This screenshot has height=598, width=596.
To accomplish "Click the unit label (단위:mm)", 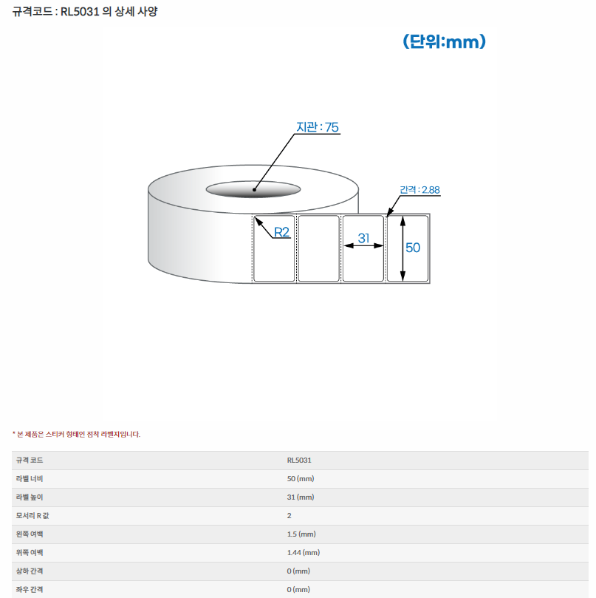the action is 444,41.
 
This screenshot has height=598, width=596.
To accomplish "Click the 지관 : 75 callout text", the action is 318,127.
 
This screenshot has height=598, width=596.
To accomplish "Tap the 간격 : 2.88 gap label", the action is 419,189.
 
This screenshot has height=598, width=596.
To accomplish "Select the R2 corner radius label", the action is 281,232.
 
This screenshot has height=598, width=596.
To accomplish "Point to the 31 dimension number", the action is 363,238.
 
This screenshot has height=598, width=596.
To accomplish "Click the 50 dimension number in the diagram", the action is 413,248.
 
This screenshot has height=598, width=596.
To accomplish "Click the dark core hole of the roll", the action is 253,189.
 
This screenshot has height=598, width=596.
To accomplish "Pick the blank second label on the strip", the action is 318,248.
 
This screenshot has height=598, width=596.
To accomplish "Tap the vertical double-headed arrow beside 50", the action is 403,248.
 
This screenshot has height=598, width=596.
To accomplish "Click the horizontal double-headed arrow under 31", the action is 363,245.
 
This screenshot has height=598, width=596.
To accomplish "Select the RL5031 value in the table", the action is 299,461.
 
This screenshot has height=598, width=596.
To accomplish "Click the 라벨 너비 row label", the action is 30,479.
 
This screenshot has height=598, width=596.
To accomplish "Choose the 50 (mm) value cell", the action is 301,479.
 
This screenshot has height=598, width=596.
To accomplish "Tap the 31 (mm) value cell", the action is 301,497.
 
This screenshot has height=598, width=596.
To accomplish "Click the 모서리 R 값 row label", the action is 32,516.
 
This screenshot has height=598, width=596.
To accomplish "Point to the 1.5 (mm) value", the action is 301,534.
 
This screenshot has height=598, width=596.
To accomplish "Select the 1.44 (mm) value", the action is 304,553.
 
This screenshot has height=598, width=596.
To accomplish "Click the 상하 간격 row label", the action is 30,571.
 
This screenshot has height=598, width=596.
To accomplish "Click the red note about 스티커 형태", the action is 77,435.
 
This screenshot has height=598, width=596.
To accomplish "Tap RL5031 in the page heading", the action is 80,12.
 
